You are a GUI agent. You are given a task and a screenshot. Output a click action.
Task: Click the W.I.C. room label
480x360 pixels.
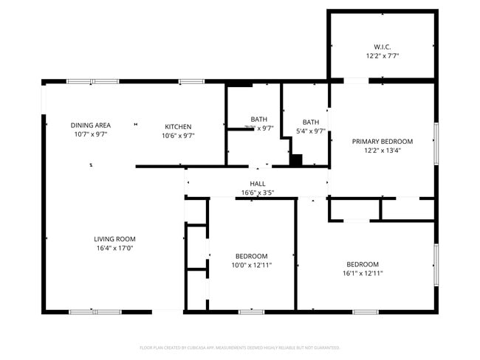coord(382,46)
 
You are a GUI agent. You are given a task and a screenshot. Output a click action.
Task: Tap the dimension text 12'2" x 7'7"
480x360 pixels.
coord(382,55)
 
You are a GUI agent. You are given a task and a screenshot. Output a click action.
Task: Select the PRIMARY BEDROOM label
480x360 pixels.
coord(382,141)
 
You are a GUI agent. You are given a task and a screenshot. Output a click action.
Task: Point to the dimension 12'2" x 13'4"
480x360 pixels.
coord(382,150)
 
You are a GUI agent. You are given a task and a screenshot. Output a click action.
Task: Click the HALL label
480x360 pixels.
coord(257,184)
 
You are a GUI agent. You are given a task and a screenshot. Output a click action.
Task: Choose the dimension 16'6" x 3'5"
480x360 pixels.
coord(257,193)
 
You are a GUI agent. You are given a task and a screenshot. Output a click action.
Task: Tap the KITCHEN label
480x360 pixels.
coord(178,126)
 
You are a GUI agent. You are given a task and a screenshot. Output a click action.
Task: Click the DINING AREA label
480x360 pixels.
coord(91,125)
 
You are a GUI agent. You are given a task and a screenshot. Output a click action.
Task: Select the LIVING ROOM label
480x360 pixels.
coord(114,238)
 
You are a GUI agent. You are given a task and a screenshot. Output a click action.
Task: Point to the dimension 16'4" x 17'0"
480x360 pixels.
coord(114,248)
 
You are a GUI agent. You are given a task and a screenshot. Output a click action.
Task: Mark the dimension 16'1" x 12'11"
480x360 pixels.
coord(363,273)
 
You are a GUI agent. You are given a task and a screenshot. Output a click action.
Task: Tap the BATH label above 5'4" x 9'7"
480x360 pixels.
coord(311,122)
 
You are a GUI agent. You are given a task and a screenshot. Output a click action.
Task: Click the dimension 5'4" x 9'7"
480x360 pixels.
coord(311,131)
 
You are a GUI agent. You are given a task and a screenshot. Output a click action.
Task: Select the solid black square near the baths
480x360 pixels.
coord(296,160)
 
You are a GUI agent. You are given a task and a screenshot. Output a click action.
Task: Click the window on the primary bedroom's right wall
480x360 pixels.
coord(436,140)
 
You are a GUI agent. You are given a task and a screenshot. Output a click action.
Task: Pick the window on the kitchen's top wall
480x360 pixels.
coord(192,81)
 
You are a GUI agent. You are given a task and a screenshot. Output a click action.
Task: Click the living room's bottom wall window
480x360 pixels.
coord(95,311)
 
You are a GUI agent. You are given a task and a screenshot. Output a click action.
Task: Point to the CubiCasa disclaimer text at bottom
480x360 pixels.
coord(239,347)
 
